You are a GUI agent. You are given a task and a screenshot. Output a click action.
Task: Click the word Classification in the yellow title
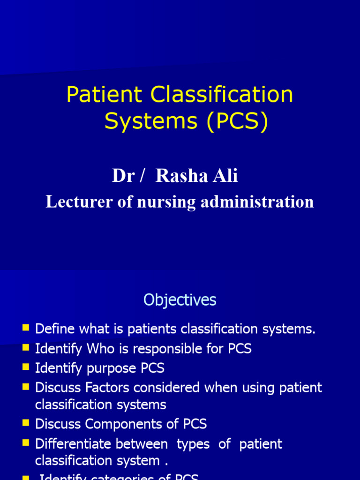tap(222, 95)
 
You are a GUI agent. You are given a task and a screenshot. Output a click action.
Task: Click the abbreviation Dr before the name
tap(123, 176)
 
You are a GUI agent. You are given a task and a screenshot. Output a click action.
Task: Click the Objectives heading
tap(180, 300)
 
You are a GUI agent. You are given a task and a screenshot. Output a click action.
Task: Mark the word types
tap(193, 444)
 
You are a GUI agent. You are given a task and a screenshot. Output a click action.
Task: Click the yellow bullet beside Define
tap(25, 328)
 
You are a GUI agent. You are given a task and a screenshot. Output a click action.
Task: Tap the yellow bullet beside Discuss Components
tap(25, 423)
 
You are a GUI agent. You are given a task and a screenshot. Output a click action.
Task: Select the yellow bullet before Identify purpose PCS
tap(25, 367)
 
